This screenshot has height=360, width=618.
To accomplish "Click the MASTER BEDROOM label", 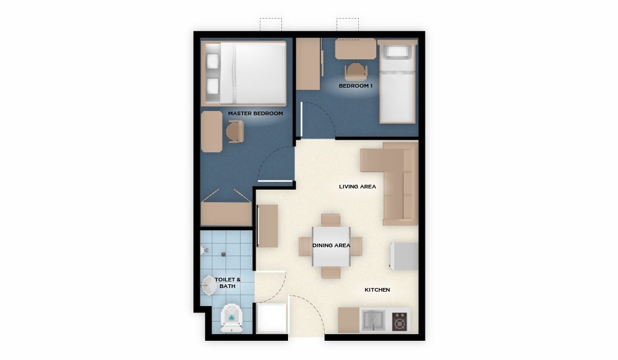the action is (x=256, y=113).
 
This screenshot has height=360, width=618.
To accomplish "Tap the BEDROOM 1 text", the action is (x=356, y=86).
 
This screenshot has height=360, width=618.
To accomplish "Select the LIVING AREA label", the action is (x=358, y=187).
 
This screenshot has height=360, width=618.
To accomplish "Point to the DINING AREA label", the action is (x=331, y=245).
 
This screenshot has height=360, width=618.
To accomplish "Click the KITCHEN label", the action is (x=377, y=290).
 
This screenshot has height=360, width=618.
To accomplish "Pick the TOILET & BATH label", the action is (x=227, y=283).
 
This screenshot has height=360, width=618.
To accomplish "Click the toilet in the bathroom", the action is (x=232, y=318).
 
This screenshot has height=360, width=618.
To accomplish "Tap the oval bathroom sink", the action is (x=208, y=285).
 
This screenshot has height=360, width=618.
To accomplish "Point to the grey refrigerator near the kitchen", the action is (x=404, y=256).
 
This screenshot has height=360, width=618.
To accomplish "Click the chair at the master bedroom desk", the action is (x=235, y=131).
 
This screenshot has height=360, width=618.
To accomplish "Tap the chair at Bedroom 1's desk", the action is (x=356, y=72).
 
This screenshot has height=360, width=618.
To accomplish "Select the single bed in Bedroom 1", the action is (x=397, y=82).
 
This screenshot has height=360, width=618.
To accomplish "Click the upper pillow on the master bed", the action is (x=212, y=61).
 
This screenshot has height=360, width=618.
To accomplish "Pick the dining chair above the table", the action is (x=331, y=220).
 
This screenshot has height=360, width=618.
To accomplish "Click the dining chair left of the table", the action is (x=305, y=247).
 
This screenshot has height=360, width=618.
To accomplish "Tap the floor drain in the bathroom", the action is (x=223, y=254).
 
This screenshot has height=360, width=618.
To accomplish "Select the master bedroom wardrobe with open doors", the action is (x=226, y=214).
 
